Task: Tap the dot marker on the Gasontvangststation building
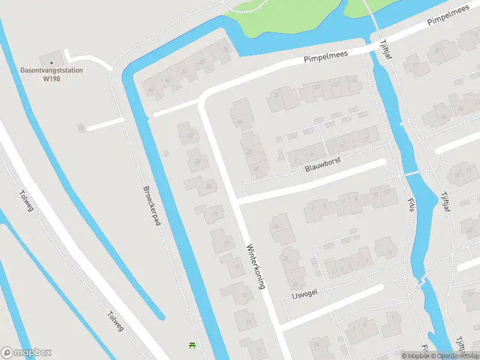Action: coord(52,62)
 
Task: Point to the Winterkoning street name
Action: coord(255,266)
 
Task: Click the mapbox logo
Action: coord(26,353)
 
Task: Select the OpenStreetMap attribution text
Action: coord(455,356)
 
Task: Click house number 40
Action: coord(167,80)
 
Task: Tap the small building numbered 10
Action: coord(80,128)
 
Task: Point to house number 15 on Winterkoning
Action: coord(244,295)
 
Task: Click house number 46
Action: coord(151,91)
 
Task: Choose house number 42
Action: coord(248,152)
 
